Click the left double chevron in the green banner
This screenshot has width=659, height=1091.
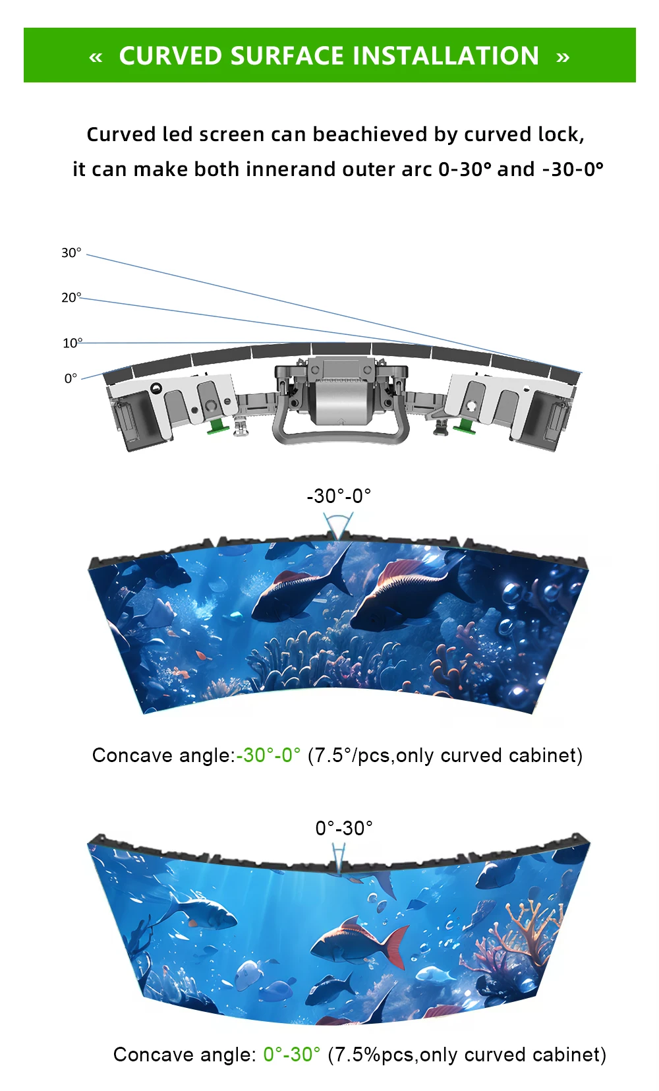click(96, 57)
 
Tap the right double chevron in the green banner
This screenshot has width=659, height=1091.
click(562, 57)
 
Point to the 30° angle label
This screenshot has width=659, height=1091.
click(71, 252)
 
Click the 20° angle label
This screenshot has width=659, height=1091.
click(71, 297)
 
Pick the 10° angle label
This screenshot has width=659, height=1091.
click(72, 343)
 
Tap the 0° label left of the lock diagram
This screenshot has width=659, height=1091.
click(71, 378)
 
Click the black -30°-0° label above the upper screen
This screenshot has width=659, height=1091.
click(339, 496)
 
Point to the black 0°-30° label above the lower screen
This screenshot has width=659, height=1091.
click(344, 828)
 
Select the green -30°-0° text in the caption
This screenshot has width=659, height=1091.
click(268, 755)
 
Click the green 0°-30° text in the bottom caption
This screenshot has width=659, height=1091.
click(291, 1054)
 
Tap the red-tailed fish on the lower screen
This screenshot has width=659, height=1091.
click(359, 940)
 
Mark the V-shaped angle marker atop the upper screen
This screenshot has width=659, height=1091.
click(338, 527)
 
